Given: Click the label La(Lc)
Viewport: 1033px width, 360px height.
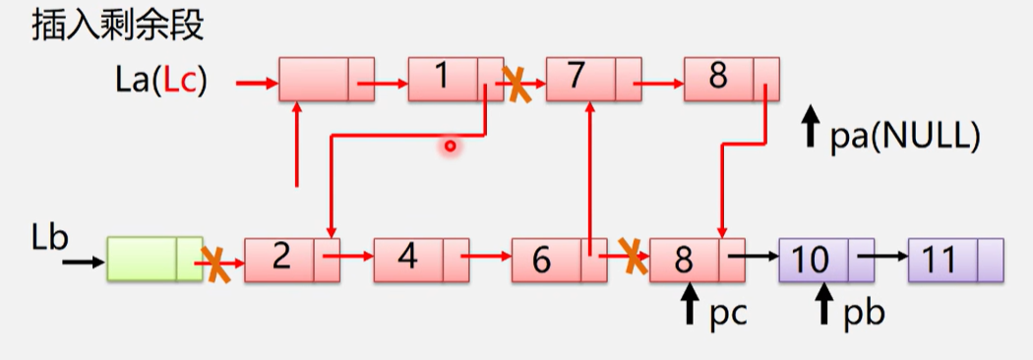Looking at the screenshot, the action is click(x=160, y=82).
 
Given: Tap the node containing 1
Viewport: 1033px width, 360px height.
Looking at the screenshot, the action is click(x=456, y=79).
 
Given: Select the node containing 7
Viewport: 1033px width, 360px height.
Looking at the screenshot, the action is click(x=593, y=79).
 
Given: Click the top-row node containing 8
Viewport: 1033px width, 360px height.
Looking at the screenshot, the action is click(x=731, y=79).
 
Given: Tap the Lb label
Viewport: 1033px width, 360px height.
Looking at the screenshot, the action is click(x=49, y=240).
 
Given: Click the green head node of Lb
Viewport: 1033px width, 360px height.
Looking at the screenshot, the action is click(x=154, y=261).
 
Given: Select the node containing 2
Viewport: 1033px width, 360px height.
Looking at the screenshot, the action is click(x=292, y=261).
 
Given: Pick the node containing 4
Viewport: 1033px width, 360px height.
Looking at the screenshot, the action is click(x=422, y=261).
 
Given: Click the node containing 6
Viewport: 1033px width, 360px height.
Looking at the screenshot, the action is click(x=560, y=261).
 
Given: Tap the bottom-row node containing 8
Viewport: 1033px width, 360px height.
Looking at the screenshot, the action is click(x=697, y=261).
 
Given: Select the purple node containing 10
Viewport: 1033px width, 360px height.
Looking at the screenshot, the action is click(x=826, y=261).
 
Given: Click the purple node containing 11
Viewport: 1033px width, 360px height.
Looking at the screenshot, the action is click(x=956, y=261).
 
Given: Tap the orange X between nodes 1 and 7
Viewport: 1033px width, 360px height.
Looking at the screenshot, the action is click(x=518, y=84).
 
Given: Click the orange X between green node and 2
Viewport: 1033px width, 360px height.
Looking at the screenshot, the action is click(x=215, y=266).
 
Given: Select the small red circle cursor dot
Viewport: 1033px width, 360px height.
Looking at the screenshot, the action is click(x=450, y=147).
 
